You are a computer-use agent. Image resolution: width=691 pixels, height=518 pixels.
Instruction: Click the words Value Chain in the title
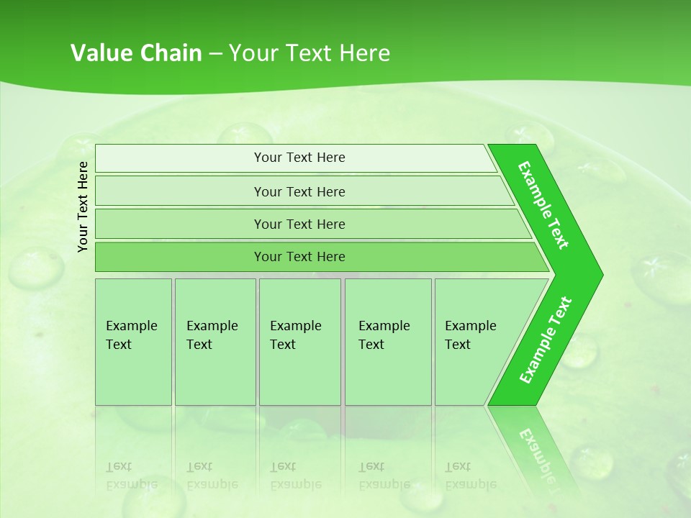[x=136, y=53]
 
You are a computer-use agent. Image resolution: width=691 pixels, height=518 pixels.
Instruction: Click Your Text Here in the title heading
[x=310, y=53]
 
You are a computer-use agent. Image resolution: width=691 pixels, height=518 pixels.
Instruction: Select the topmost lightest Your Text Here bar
[x=299, y=158]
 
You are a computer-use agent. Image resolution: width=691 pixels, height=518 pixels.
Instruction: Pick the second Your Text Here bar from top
[x=299, y=191]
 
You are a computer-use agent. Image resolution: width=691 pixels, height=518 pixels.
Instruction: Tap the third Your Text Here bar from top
[x=299, y=224]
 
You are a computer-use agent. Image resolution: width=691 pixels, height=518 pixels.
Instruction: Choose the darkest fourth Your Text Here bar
[x=299, y=257]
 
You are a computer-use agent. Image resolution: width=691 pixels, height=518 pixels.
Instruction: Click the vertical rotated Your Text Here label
[x=83, y=206]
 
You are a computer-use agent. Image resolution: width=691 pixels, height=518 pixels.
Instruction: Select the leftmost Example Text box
[x=133, y=342]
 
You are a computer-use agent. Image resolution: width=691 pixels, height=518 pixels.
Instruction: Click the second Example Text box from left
[x=214, y=342]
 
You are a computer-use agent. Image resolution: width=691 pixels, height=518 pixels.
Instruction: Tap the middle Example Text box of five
[x=299, y=342]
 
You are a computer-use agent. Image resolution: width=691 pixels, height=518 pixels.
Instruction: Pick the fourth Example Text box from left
[x=387, y=342]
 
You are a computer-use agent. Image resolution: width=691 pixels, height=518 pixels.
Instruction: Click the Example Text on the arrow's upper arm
[x=544, y=204]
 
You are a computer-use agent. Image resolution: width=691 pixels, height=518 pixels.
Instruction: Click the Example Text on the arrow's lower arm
[x=546, y=340]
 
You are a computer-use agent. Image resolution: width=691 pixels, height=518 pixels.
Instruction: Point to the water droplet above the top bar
[x=245, y=135]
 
